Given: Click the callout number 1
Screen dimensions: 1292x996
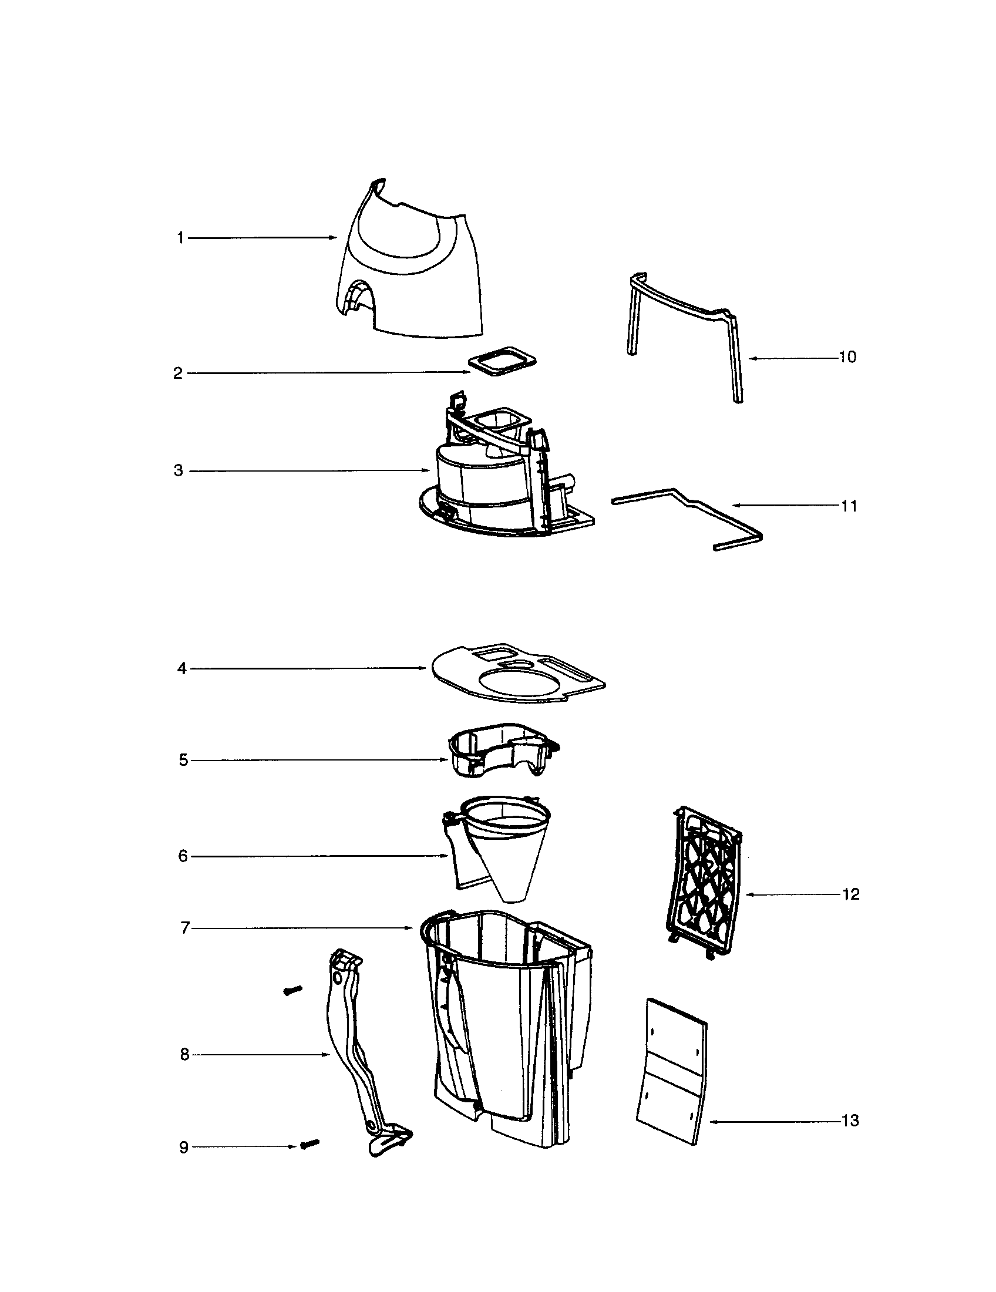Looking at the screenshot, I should tap(180, 238).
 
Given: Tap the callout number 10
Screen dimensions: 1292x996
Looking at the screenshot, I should tap(847, 357).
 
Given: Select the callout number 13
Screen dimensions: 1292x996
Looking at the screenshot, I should tap(850, 1121).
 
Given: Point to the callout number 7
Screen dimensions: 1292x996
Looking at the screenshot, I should tap(184, 928).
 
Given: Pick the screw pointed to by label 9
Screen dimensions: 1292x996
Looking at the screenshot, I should tap(309, 1144).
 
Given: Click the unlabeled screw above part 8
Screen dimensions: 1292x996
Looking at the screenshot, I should tap(293, 990).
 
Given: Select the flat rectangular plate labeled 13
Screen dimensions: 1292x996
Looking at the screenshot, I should tap(671, 1071).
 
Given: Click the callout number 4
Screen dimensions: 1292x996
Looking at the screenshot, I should tap(182, 668).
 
